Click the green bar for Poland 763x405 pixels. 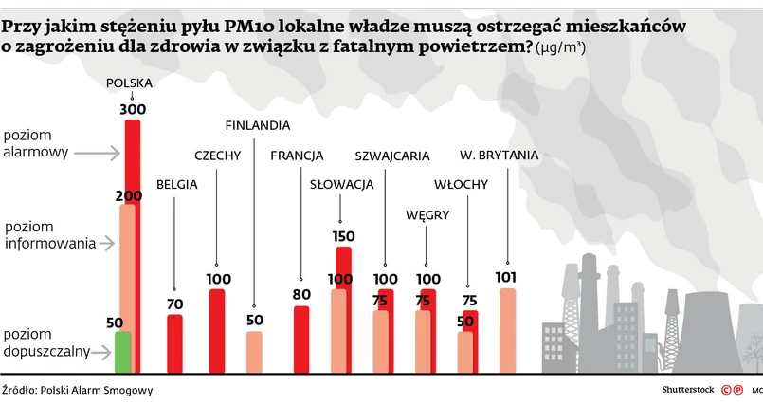coord(121,352)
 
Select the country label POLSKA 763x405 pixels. coord(129,83)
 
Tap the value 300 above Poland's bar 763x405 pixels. coord(133,109)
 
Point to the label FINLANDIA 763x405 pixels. coord(257,125)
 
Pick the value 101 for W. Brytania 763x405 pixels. coord(506,277)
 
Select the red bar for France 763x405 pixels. coord(301,339)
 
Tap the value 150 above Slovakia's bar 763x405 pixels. coord(343,236)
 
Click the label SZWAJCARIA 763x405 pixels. coord(392,156)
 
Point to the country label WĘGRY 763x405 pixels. coord(427,215)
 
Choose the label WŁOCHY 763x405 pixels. coord(461,184)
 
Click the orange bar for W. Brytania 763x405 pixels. coord(507,330)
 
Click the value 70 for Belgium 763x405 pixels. coord(174,304)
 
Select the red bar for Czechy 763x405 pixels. coord(217,330)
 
